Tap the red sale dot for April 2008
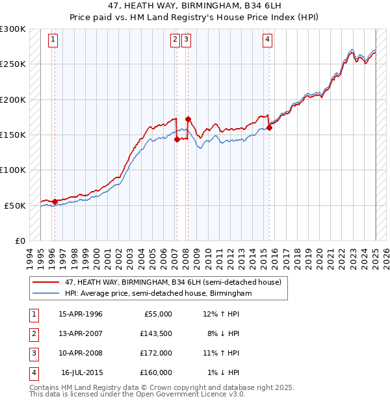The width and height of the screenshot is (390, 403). [x=188, y=119]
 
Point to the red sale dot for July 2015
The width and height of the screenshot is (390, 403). [x=269, y=127]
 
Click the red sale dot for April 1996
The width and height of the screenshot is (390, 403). [x=55, y=201]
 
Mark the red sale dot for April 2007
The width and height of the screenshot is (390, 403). [x=177, y=139]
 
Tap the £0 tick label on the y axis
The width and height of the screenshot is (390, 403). [x=19, y=240]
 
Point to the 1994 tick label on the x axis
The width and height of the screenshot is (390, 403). [x=30, y=257]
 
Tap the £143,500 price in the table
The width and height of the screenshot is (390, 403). [x=156, y=333]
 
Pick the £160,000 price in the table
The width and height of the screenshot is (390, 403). [x=156, y=372]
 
